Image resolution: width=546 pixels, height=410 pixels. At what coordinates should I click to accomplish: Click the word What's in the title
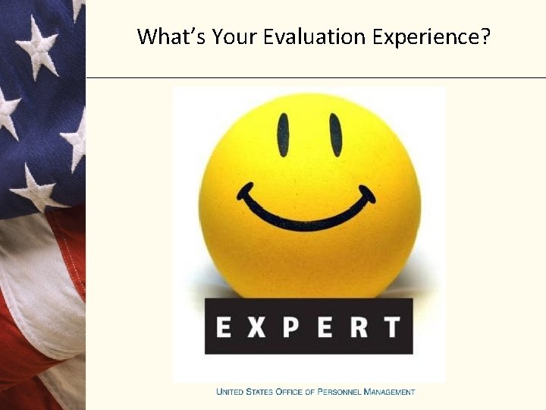point(168,36)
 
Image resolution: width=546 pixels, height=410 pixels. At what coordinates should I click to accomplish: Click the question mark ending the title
point(485,36)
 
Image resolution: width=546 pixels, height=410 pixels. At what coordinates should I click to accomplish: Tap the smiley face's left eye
point(283,134)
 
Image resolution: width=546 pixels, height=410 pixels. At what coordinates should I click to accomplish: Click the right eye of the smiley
point(335,134)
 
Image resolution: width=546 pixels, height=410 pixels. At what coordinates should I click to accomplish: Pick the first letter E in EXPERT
point(224,327)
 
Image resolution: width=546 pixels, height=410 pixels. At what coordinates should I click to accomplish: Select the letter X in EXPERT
point(258,327)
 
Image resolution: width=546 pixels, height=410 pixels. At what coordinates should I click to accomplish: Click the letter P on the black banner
point(292,327)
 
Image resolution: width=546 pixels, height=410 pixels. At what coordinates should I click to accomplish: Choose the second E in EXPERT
point(325,327)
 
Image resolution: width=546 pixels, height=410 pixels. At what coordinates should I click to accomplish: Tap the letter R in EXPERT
point(358,327)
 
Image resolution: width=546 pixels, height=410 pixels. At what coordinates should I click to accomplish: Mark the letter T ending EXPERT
point(391,327)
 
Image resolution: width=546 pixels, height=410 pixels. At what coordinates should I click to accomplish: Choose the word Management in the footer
point(390,392)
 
